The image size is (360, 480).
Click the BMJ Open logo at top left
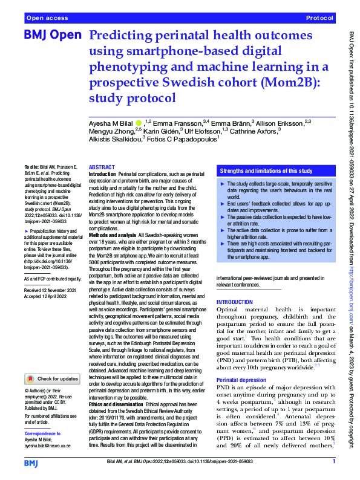[53, 37]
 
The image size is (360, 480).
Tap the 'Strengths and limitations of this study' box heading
[267, 172]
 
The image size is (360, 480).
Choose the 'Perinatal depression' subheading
[240, 380]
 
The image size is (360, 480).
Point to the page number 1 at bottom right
[334, 462]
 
